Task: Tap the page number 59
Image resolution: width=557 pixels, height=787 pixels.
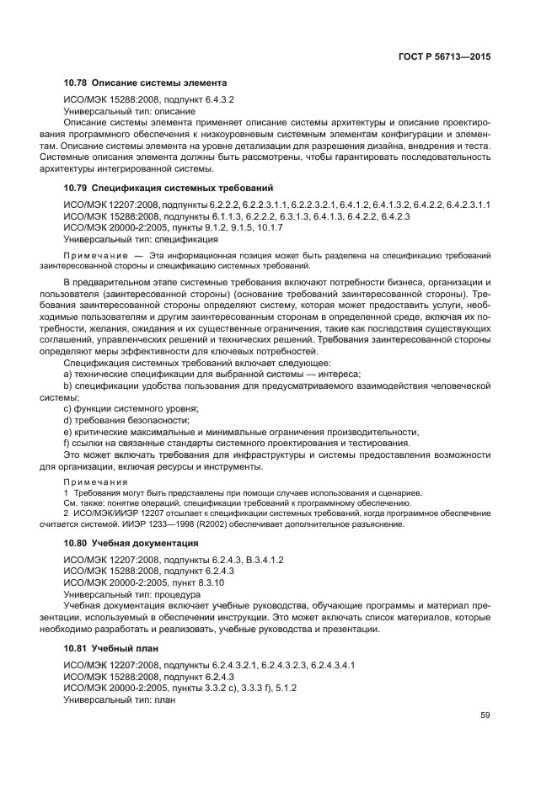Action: click(x=485, y=716)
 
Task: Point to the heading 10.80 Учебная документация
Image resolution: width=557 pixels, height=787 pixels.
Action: click(x=131, y=544)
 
